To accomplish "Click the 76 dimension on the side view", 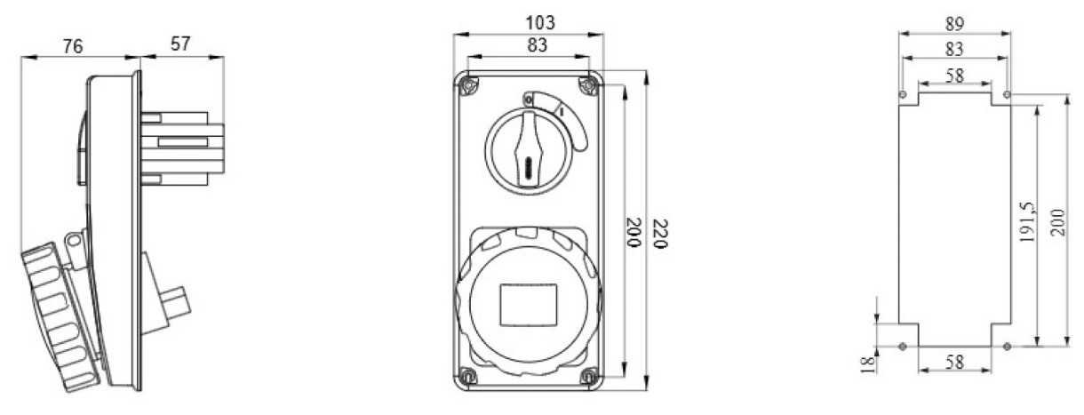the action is (73, 46).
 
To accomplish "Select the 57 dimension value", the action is (180, 44).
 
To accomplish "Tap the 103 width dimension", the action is (540, 22).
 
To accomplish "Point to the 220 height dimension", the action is (660, 234).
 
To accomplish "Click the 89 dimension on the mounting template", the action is (954, 24).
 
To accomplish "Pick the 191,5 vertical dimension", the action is (1027, 222).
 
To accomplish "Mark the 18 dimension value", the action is (868, 364).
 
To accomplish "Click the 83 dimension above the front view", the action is (538, 45).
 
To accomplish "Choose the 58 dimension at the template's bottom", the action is (954, 362).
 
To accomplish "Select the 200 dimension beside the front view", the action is (634, 233).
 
